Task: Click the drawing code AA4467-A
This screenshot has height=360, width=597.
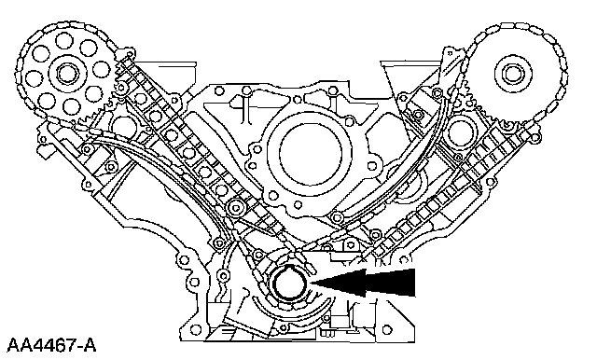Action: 52,345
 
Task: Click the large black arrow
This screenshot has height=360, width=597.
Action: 363,283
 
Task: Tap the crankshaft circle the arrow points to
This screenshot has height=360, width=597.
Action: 287,283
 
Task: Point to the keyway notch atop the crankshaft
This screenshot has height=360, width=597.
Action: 288,268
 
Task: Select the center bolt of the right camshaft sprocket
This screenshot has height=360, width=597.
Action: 510,74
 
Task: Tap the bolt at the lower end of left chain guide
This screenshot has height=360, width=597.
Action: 236,208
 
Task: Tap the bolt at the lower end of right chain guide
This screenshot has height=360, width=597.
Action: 336,217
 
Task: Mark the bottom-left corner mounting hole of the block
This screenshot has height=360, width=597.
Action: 196,328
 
